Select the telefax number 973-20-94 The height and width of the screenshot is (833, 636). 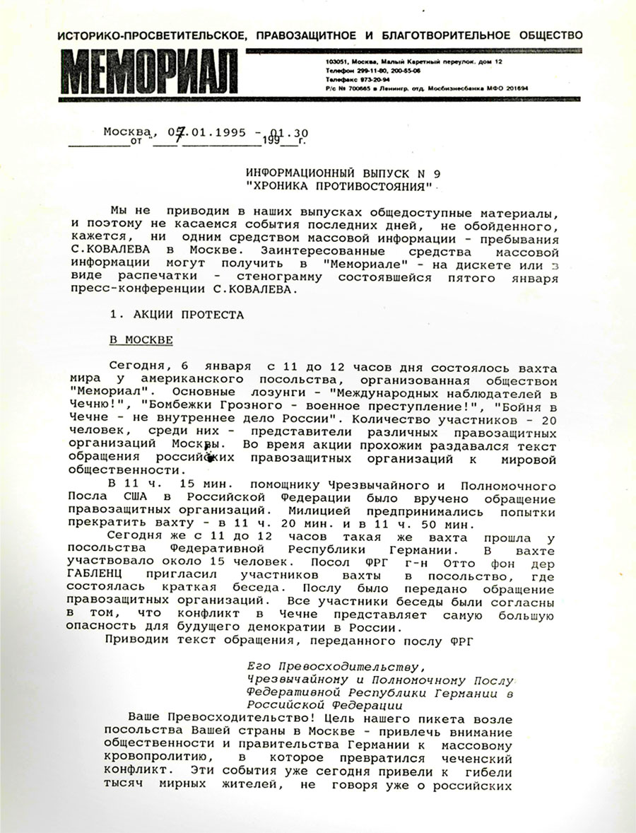[x=360, y=81]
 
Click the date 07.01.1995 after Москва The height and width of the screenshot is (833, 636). [x=204, y=132]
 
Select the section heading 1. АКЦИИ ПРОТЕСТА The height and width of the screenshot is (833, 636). [x=176, y=315]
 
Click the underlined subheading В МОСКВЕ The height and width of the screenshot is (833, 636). [x=141, y=340]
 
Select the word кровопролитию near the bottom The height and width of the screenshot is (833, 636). [x=146, y=755]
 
